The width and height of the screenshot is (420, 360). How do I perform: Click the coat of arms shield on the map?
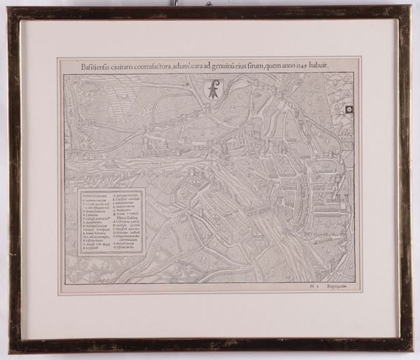[x=212, y=88]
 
